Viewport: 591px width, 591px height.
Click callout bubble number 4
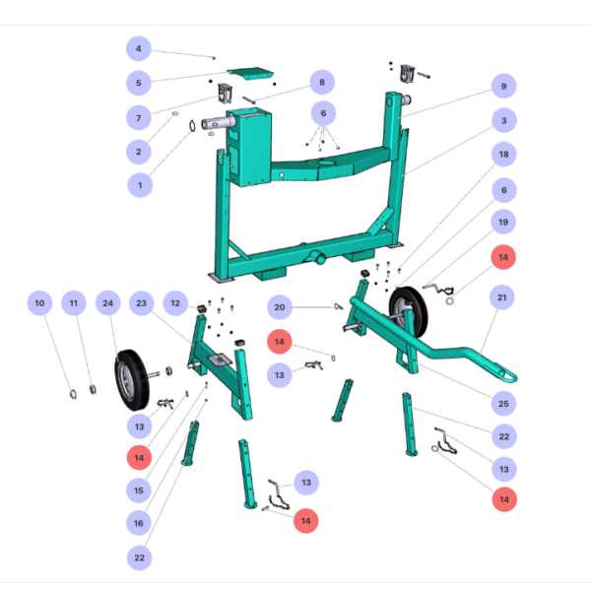tap(139, 48)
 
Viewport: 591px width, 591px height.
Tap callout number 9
tap(503, 87)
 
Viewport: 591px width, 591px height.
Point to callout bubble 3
tap(503, 121)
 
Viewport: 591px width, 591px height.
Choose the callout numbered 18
tap(503, 156)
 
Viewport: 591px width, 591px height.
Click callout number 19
tap(503, 223)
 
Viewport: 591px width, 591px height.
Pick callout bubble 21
tap(503, 296)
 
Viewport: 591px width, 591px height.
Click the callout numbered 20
tap(280, 307)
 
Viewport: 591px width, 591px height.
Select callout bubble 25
tap(503, 403)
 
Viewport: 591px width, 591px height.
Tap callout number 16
tap(139, 522)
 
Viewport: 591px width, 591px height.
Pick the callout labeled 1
tap(139, 183)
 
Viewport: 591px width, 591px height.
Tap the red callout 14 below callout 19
tap(503, 256)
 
